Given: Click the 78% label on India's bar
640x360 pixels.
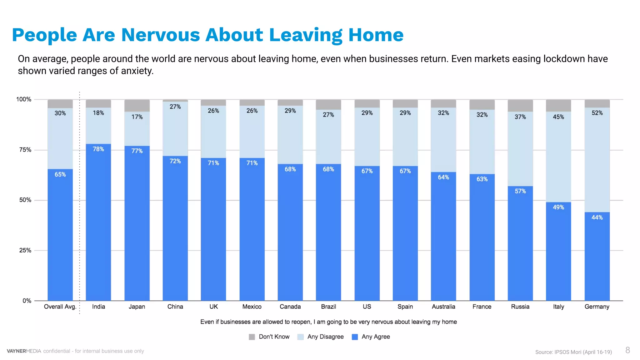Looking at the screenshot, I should coord(98,149).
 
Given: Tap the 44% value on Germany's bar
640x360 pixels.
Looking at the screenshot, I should coord(597,217).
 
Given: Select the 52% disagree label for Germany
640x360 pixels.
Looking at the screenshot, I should coord(597,113).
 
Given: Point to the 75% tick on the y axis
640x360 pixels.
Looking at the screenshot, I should coord(25,150).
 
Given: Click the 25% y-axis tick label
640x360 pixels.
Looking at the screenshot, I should coord(25,250).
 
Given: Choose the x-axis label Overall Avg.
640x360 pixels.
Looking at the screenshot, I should coord(60,307).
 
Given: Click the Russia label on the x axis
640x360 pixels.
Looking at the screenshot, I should coord(520,307).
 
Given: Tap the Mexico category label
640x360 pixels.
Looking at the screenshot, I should coord(252,307).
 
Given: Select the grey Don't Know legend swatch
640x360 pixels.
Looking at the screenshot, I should coord(252,337).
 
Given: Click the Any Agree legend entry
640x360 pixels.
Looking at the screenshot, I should coord(375,337).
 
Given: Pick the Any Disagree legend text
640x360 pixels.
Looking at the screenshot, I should coord(325,337).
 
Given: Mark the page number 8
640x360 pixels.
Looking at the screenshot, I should coord(627,350).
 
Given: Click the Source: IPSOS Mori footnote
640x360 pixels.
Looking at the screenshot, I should coord(573,352).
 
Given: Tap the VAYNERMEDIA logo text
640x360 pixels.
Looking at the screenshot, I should coord(24,351).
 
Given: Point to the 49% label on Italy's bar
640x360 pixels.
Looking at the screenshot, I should coord(558,207).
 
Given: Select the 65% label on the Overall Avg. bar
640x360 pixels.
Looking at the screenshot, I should coord(60,174).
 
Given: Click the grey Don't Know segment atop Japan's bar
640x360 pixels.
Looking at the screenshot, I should coord(137,106).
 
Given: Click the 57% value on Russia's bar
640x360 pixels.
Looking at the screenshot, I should coord(520,191).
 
